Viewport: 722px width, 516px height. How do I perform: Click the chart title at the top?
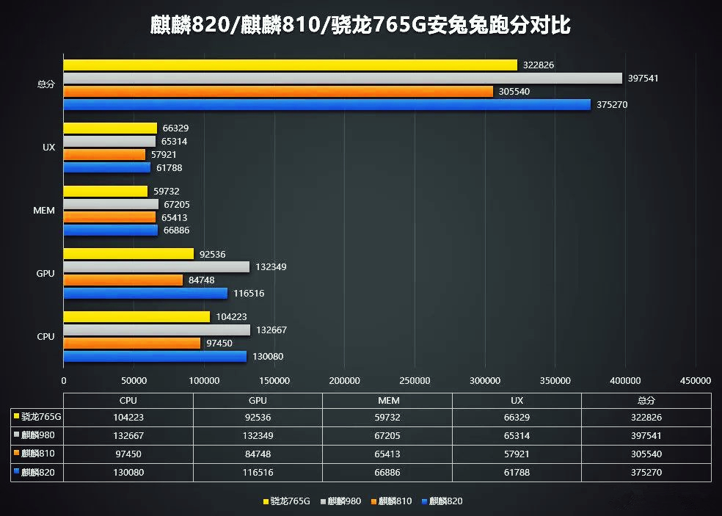coord(360,26)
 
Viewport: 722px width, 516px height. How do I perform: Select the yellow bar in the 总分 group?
coord(290,65)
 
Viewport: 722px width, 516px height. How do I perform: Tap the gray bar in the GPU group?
coord(156,266)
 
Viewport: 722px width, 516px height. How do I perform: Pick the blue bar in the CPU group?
coord(155,357)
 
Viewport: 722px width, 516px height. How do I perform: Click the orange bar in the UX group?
coord(104,155)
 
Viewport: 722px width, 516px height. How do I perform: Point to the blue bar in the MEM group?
coord(111,230)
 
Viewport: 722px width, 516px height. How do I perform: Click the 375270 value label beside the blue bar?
coord(612,105)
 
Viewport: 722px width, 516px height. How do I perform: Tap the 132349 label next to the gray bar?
coord(271,266)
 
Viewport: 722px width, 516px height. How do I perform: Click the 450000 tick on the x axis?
coord(695,381)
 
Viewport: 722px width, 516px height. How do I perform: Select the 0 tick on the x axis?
coord(64,381)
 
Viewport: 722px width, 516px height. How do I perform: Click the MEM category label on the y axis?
coord(44,211)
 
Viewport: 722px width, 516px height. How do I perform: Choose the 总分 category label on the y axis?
coord(45,84)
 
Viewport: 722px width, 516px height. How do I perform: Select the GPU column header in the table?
coord(258,401)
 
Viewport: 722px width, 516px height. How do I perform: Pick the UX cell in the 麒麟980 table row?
coord(517,435)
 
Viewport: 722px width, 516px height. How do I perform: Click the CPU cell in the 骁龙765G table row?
coord(128,417)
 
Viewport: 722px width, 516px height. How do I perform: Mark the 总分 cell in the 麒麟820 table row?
coord(646,473)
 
